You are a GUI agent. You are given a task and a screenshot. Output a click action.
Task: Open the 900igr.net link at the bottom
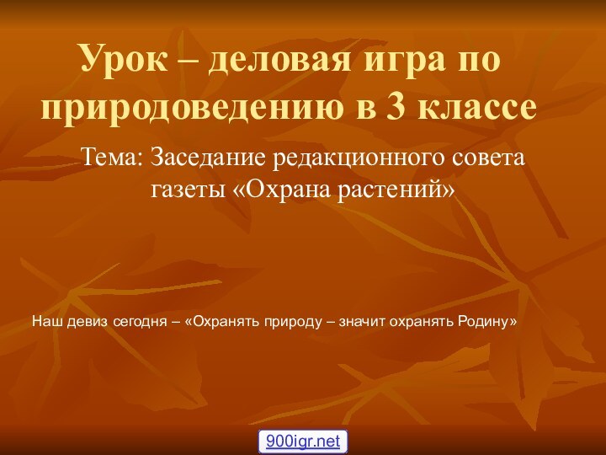pos(303,441)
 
